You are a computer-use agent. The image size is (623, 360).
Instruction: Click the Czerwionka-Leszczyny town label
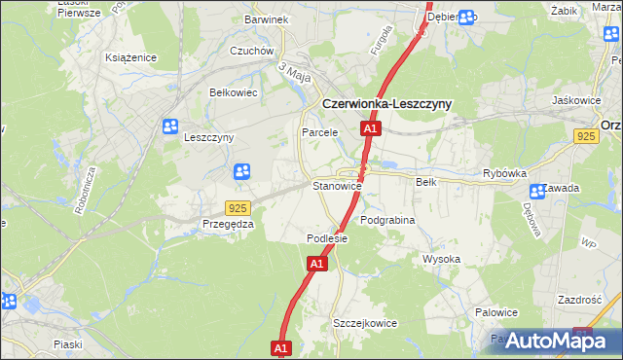[385, 105]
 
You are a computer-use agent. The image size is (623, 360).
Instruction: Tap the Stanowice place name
[337, 185]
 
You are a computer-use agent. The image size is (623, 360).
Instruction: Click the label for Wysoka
[441, 260]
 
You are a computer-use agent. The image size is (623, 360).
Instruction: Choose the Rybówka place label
[504, 174]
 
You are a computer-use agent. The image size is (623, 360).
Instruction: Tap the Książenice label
[131, 58]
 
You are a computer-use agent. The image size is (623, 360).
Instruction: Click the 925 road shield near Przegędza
[238, 208]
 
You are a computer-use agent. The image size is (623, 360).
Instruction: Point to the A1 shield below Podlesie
[316, 264]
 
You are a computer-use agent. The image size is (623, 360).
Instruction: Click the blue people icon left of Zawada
[535, 192]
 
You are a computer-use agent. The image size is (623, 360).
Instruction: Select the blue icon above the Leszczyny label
[171, 126]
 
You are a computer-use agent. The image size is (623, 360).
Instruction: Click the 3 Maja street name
[294, 72]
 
